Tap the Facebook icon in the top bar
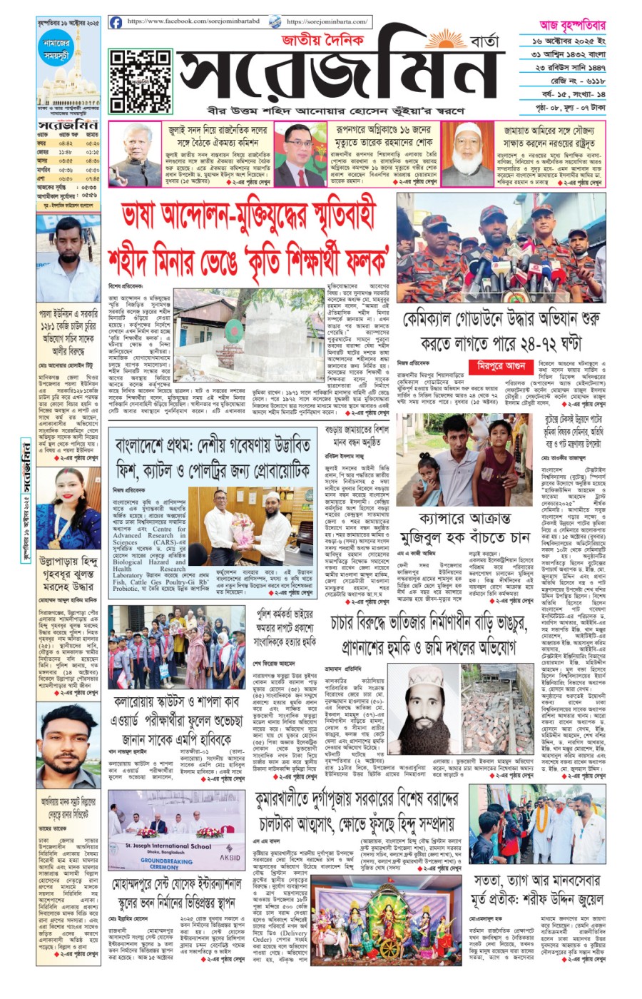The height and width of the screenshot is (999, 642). coord(116,23)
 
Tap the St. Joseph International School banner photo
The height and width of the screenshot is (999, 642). coord(175,831)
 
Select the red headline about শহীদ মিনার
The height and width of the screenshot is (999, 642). coord(251,233)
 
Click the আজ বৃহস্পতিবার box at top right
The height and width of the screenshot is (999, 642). coord(564,24)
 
